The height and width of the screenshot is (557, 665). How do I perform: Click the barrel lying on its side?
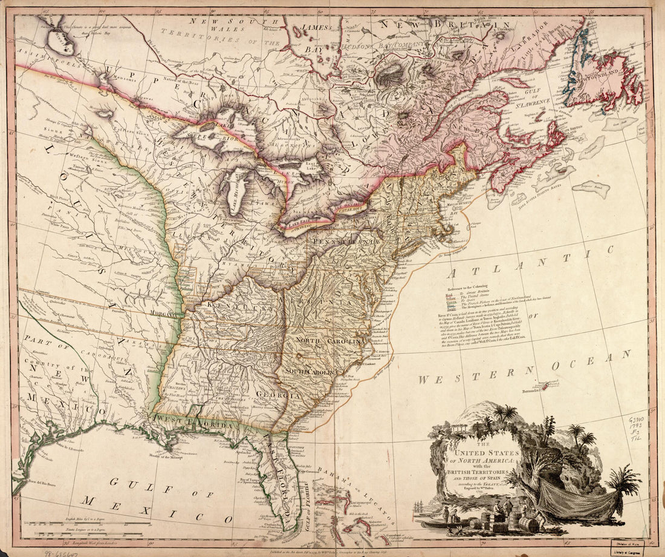click(529, 524)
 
